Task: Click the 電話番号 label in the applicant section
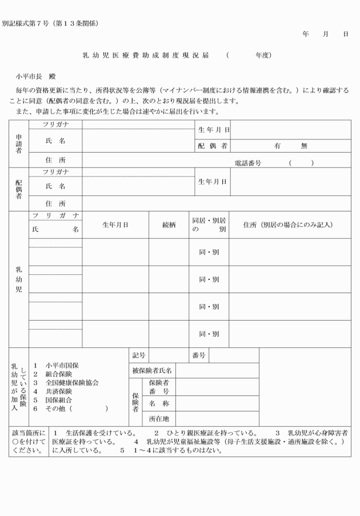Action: [248, 163]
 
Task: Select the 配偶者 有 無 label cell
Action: [213, 146]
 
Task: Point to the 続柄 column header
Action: [169, 225]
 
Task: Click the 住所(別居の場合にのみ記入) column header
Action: [289, 225]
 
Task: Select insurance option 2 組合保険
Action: [56, 374]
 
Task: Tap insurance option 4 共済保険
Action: [56, 391]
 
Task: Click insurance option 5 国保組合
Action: [56, 400]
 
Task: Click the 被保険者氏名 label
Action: [153, 371]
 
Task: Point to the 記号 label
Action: [139, 355]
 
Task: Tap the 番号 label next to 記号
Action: [199, 355]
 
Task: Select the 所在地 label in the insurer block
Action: [159, 419]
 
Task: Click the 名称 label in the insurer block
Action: [159, 403]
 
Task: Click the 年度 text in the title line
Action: [263, 55]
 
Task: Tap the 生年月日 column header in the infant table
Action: [115, 225]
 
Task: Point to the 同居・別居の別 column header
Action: [209, 225]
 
